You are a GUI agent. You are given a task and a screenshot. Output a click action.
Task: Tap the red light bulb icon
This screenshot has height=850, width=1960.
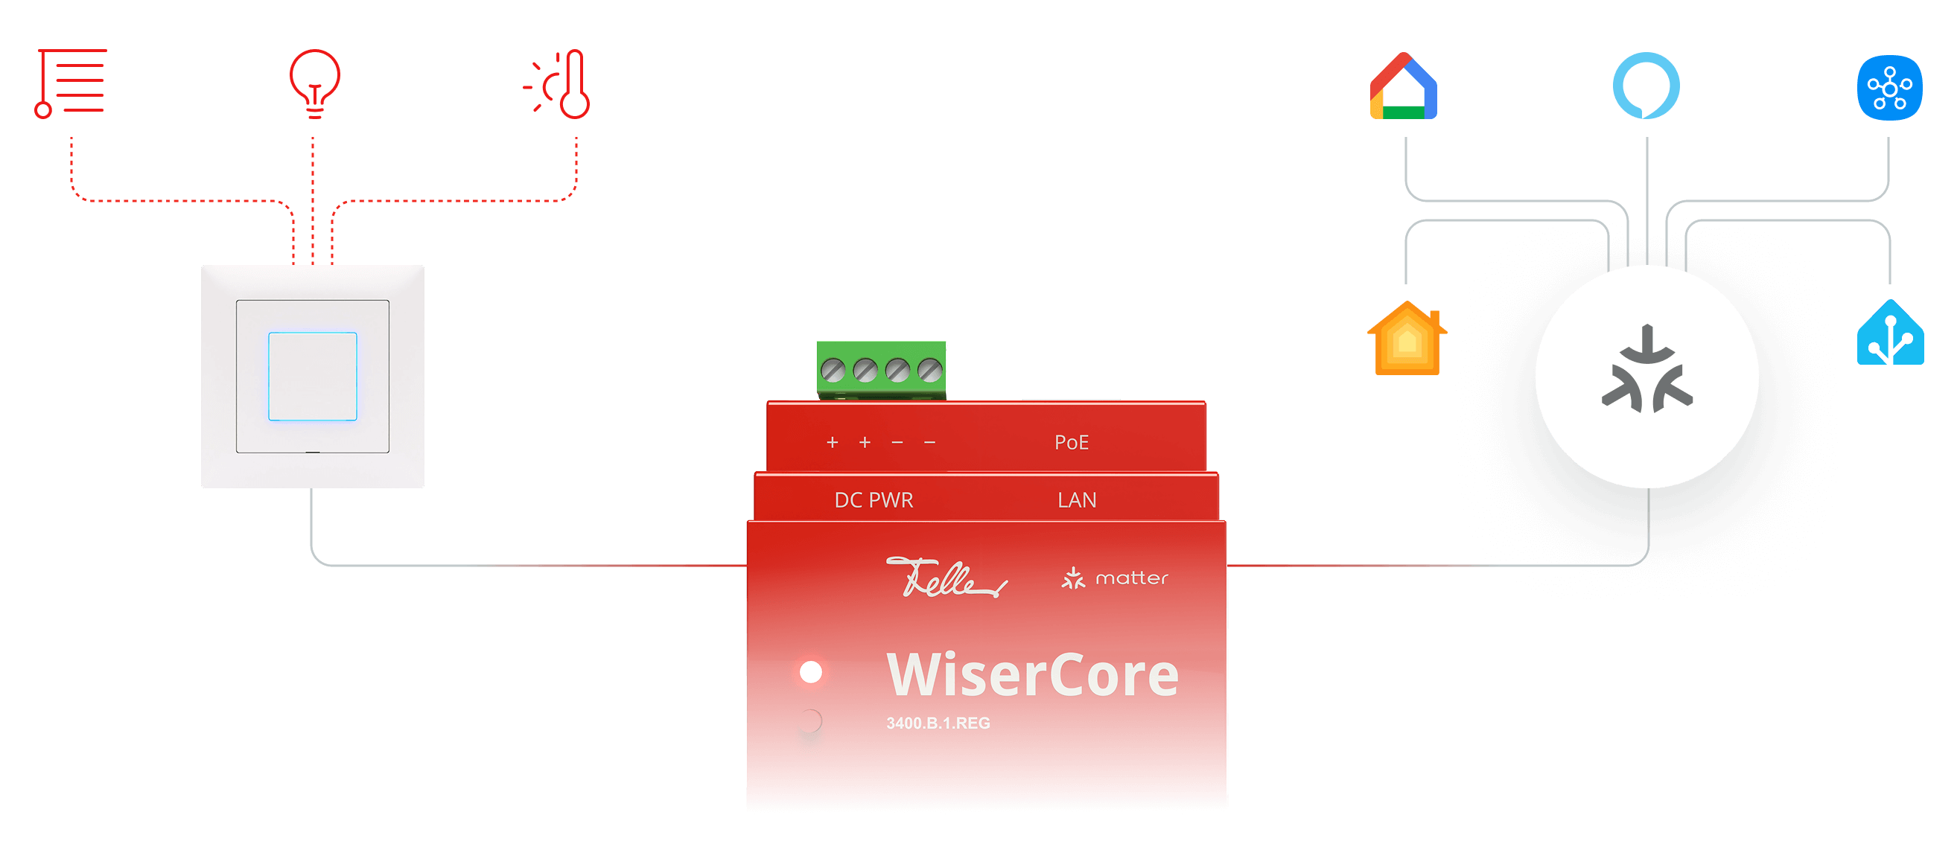pos(314,83)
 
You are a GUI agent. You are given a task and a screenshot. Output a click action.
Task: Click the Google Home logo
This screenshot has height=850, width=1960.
pos(1403,86)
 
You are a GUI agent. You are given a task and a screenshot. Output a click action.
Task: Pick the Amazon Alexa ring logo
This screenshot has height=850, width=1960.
pos(1646,85)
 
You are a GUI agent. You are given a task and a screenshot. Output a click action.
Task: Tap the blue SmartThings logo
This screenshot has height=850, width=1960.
pos(1889,87)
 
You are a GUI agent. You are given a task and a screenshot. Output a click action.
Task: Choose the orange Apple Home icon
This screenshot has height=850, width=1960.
pos(1407,339)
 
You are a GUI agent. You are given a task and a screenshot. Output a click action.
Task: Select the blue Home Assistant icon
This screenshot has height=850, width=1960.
pos(1890,333)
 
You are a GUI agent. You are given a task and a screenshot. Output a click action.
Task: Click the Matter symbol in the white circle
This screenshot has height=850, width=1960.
pos(1646,370)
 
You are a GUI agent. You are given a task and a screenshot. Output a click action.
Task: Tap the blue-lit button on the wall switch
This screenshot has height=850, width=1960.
pos(312,376)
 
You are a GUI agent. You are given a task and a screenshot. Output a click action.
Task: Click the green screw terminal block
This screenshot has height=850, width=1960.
pos(881,369)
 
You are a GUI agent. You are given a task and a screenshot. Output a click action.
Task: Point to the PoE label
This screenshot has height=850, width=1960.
pos(1072,442)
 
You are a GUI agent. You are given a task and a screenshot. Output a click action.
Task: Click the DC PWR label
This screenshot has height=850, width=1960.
pos(874,500)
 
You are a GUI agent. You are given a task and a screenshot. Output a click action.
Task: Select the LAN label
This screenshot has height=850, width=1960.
pos(1077,500)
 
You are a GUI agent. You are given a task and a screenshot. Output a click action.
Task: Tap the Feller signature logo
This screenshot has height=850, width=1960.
pos(945,578)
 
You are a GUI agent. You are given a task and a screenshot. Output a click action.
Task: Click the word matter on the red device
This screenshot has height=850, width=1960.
pos(1130,578)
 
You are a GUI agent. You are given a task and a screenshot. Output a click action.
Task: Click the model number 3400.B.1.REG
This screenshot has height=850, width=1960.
pos(938,723)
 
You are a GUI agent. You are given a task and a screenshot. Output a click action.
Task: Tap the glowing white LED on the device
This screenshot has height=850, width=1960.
pos(811,672)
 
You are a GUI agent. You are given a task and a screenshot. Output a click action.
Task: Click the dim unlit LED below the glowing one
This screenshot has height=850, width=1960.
pos(811,720)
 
